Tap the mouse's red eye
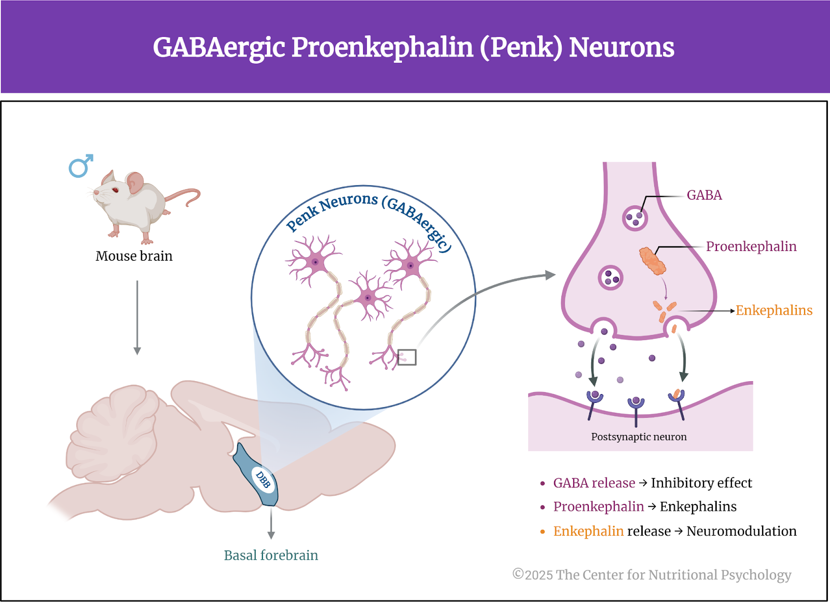(115, 190)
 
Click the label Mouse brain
(134, 256)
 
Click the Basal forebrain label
(271, 555)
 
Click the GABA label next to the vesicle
(704, 195)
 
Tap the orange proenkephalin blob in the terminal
(653, 261)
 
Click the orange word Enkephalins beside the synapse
(773, 310)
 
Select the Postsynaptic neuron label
(639, 437)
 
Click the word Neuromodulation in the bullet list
(741, 531)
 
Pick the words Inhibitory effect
(701, 483)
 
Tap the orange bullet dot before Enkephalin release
(543, 532)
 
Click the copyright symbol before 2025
(518, 574)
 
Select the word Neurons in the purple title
(621, 47)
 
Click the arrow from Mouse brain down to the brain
(137, 317)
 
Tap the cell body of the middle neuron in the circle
(368, 298)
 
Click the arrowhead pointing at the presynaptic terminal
(550, 275)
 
